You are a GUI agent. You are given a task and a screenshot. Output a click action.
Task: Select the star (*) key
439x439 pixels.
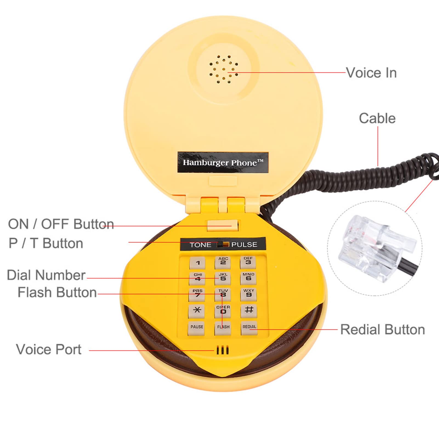(x=197, y=311)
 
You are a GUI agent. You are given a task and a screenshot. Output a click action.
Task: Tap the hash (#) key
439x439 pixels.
(x=249, y=311)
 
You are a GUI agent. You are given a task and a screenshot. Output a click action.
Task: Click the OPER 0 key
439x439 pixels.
(x=223, y=311)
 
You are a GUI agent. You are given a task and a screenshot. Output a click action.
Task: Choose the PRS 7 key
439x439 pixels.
(x=197, y=294)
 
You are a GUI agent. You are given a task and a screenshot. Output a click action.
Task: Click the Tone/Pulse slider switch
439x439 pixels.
(x=223, y=245)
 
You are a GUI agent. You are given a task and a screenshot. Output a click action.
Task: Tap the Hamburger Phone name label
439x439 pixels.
(x=223, y=163)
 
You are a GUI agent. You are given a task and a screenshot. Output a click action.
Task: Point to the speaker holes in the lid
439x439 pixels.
(x=223, y=69)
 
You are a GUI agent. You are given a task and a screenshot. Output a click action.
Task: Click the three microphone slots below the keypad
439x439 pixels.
(x=222, y=350)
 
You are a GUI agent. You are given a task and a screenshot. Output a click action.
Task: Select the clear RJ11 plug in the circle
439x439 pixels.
(x=377, y=248)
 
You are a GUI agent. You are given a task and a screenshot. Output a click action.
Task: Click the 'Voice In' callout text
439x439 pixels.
(x=371, y=73)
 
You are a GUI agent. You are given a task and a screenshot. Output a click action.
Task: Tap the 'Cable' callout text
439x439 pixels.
(x=377, y=118)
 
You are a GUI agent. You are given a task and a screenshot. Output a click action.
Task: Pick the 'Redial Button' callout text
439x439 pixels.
(x=382, y=330)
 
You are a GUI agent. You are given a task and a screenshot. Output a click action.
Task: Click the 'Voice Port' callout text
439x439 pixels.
(x=49, y=350)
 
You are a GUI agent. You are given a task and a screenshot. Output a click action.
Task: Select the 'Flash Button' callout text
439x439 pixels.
(x=57, y=293)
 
